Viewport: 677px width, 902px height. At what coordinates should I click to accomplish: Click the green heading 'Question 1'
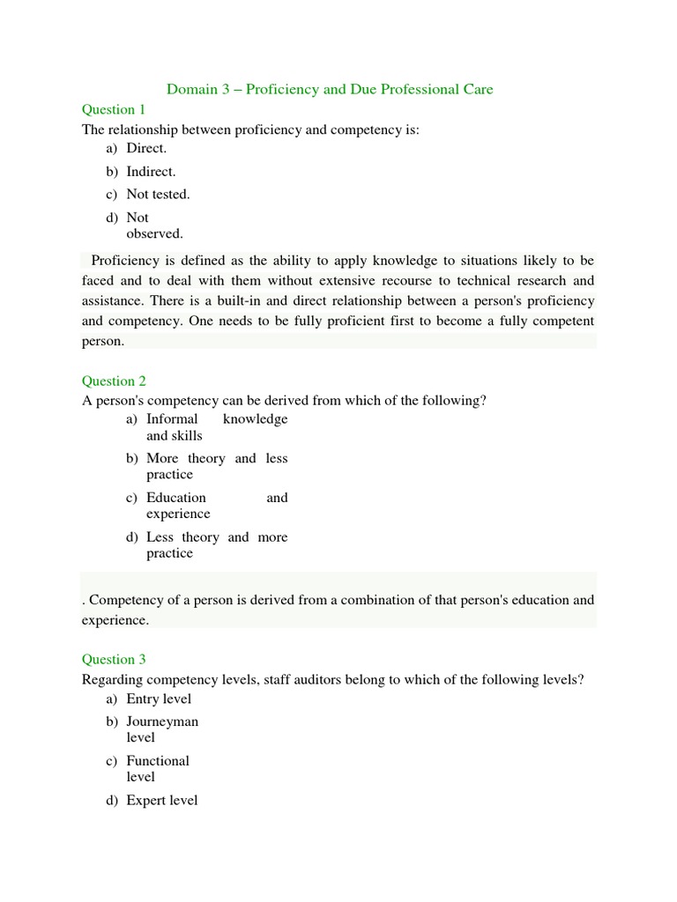point(114,110)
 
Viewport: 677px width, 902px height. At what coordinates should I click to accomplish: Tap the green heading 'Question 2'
point(114,381)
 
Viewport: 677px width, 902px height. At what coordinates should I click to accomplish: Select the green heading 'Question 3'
point(114,660)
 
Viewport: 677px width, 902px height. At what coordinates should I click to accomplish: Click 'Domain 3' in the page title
point(204,89)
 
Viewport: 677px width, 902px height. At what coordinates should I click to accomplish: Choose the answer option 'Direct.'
point(146,149)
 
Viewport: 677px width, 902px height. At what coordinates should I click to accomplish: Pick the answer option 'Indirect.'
point(151,172)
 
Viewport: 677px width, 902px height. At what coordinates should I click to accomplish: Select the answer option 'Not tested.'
point(158,195)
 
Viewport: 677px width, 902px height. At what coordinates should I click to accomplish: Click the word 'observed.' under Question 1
point(154,233)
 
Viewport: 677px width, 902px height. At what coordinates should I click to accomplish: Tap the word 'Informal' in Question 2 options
point(172,419)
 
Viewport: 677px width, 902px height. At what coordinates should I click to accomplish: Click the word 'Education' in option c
point(176,498)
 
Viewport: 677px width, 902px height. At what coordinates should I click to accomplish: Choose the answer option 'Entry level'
point(159,699)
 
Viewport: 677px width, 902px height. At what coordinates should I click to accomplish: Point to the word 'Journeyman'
point(162,722)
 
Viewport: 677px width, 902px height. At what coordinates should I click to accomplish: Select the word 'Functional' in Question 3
point(158,761)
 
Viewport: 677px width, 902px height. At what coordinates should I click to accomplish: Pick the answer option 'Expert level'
point(162,801)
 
